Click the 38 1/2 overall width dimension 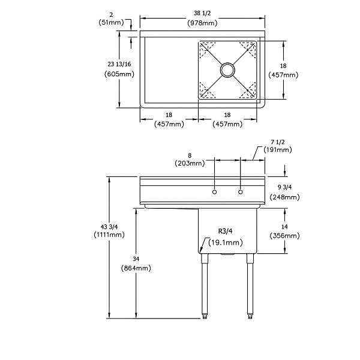tap(202, 13)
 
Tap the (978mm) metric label tap(202, 23)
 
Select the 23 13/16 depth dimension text tap(119, 64)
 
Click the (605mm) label tap(119, 74)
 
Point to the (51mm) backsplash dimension tap(111, 22)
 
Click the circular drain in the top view tap(227, 70)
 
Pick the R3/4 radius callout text tap(225, 231)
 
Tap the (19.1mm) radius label tap(226, 242)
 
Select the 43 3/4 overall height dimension tap(109, 227)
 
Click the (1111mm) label tap(109, 235)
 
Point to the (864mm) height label tap(136, 268)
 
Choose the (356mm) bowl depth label tap(284, 236)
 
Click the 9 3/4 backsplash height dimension tap(284, 187)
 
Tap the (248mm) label tap(284, 197)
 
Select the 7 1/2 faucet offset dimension tap(278, 142)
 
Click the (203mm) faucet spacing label tap(190, 163)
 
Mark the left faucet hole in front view tap(214, 192)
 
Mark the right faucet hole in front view tap(241, 192)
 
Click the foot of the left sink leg tap(205, 316)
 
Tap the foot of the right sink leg tap(250, 316)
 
